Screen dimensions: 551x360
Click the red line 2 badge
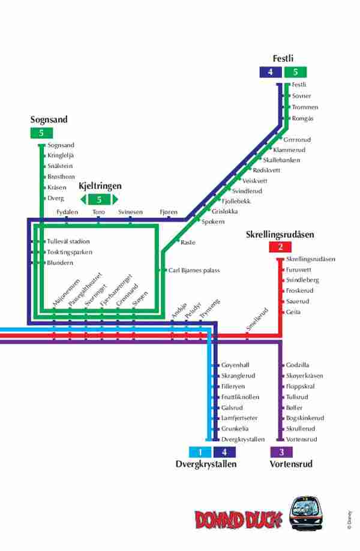click(280, 247)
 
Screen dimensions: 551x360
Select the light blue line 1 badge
click(200, 452)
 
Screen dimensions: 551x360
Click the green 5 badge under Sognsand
click(41, 133)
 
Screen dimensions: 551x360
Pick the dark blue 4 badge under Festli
click(271, 72)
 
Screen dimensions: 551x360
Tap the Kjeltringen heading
click(100, 186)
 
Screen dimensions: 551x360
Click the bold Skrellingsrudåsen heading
click(280, 235)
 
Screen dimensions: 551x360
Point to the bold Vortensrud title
click(291, 464)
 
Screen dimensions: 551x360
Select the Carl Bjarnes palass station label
click(194, 271)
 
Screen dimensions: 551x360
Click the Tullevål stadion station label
click(68, 241)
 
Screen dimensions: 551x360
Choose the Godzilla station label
click(298, 365)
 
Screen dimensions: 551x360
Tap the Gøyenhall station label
click(235, 365)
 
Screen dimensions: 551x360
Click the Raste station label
click(188, 242)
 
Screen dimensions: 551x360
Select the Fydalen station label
click(67, 212)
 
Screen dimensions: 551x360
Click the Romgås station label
click(302, 118)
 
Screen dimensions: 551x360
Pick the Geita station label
click(293, 312)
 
